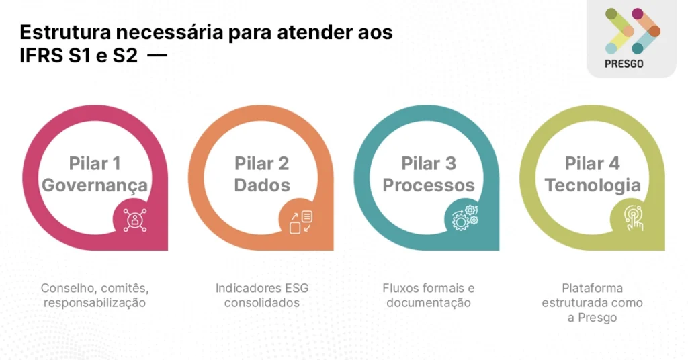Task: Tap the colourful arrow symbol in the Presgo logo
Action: (x=632, y=31)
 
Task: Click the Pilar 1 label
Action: (x=95, y=163)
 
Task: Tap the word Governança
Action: (x=95, y=185)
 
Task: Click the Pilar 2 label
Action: (x=261, y=163)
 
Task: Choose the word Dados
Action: (x=261, y=185)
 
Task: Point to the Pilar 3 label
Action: (x=429, y=163)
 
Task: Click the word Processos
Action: (x=429, y=185)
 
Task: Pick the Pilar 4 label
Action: (x=592, y=163)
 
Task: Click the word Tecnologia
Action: (x=592, y=185)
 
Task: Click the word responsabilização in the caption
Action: (x=94, y=303)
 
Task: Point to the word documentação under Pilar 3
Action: (x=429, y=303)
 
